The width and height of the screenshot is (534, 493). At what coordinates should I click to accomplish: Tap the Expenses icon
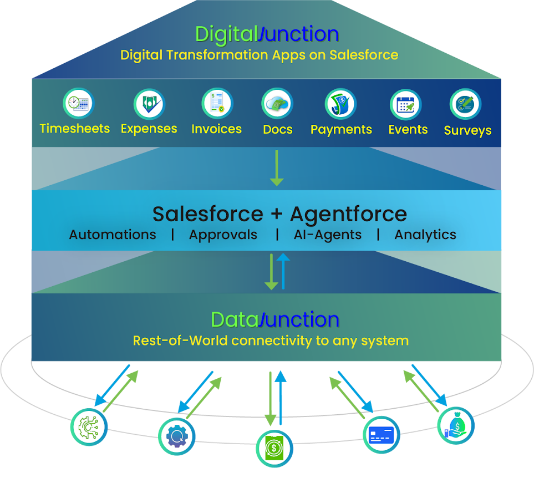[x=149, y=104]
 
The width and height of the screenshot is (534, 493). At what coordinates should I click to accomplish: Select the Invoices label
[x=216, y=129]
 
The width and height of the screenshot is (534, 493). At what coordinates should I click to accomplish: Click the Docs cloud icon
[x=277, y=104]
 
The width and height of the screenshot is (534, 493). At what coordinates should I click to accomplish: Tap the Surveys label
[x=467, y=131]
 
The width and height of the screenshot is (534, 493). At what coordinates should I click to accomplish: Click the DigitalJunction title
[x=267, y=34]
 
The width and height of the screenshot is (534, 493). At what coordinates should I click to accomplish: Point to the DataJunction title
[x=275, y=320]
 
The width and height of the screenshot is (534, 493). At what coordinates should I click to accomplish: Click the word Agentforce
[x=348, y=214]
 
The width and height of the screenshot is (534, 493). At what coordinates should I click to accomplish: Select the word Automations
[x=113, y=235]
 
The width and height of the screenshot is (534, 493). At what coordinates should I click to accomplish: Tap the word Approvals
[x=223, y=235]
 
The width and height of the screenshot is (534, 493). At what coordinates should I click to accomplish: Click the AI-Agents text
[x=327, y=235]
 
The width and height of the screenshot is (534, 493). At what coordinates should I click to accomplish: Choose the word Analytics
[x=425, y=235]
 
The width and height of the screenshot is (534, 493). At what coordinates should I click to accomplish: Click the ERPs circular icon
[x=89, y=428]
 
